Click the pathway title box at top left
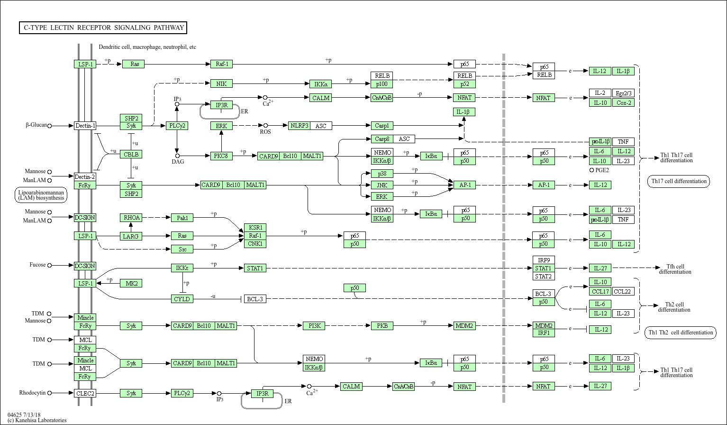click(x=103, y=28)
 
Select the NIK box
click(x=221, y=84)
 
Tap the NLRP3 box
click(x=299, y=126)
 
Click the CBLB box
click(x=131, y=154)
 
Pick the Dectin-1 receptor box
click(x=85, y=126)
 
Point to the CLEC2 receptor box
click(x=85, y=394)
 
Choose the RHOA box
click(x=131, y=218)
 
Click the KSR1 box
click(x=255, y=228)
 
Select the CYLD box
click(x=182, y=299)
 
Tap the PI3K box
click(x=314, y=325)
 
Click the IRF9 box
click(x=544, y=260)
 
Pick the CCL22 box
click(x=623, y=291)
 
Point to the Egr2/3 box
click(x=623, y=93)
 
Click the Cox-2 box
click(x=623, y=102)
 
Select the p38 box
click(x=382, y=174)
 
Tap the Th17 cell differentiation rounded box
click(x=679, y=181)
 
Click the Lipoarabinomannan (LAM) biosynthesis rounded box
click(x=41, y=195)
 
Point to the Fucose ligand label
click(x=37, y=265)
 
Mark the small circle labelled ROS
click(x=265, y=125)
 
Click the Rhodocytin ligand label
click(x=32, y=393)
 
